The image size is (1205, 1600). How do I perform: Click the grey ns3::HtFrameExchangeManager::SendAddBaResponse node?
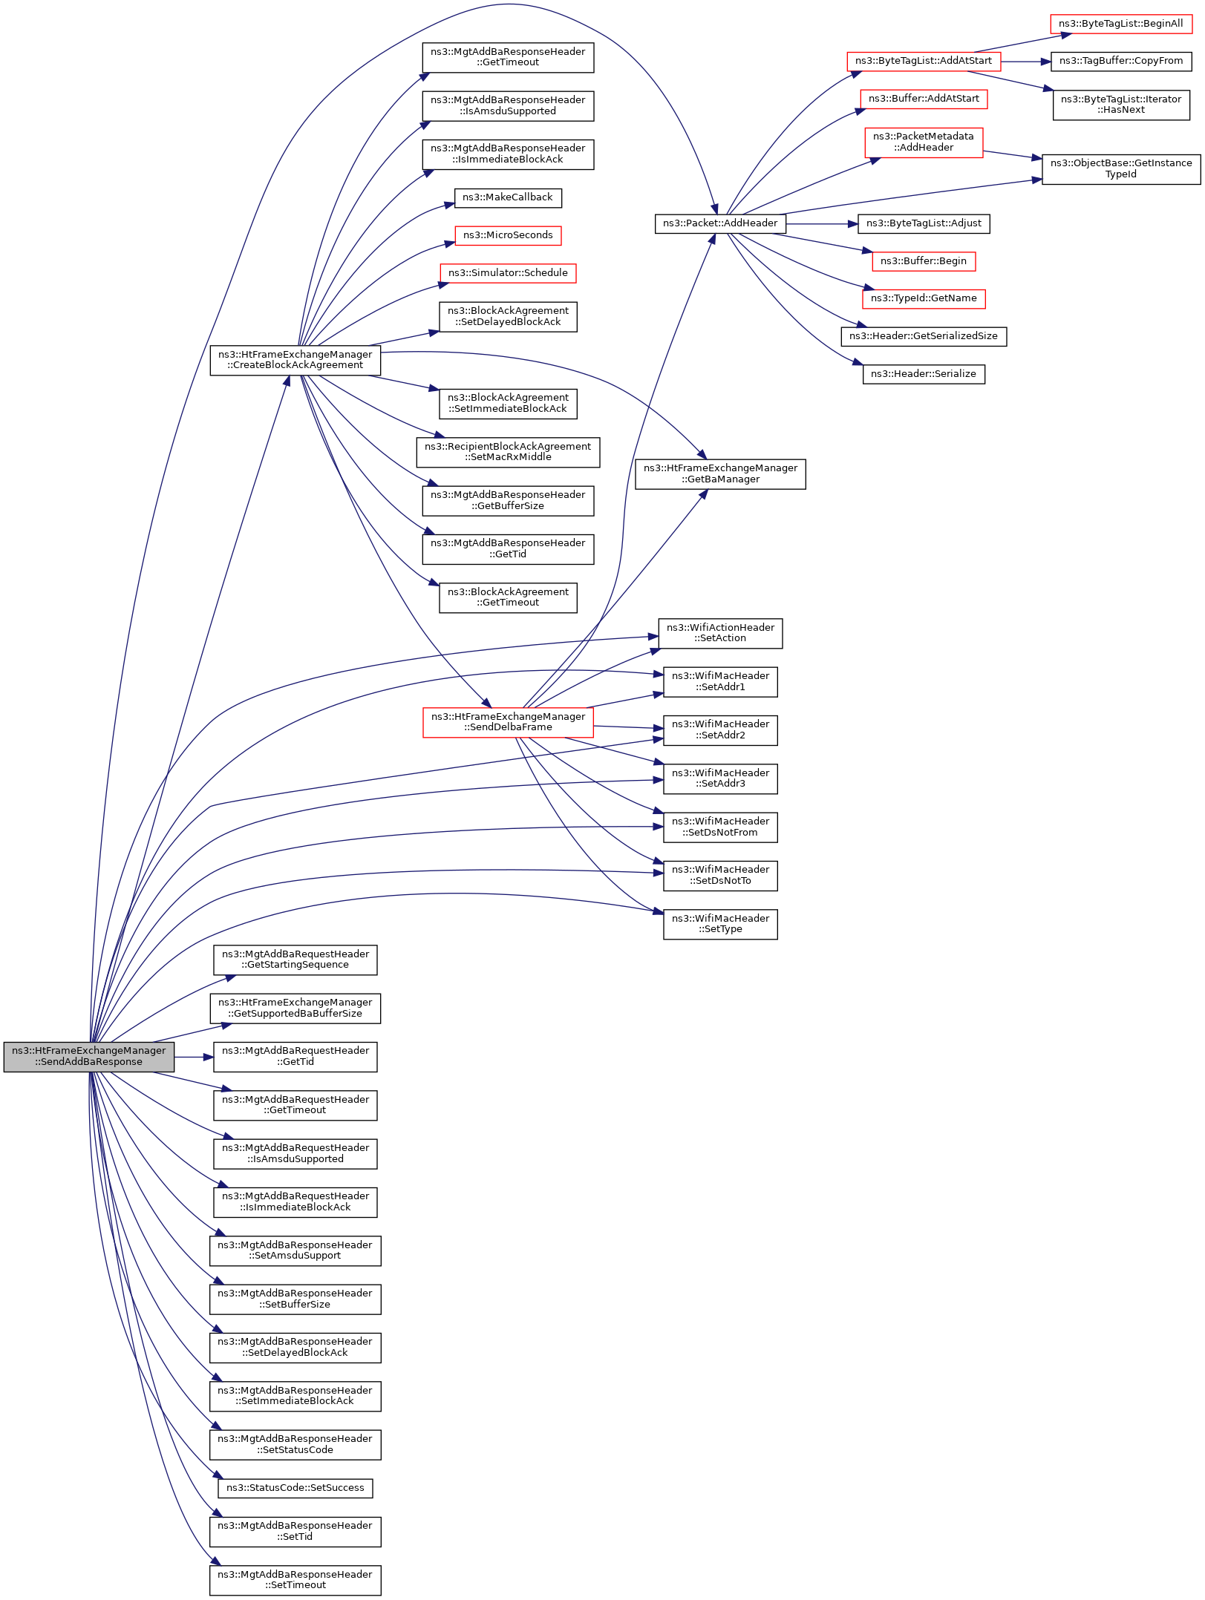[x=89, y=1056]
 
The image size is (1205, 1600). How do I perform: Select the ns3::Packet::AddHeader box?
[x=719, y=223]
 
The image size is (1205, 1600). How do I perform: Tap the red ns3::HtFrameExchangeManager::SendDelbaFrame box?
[x=508, y=722]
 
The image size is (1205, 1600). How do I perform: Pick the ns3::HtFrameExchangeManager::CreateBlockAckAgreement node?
[x=295, y=360]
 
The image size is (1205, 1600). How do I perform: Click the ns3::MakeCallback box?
[x=508, y=198]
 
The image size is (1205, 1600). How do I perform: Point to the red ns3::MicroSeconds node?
[x=508, y=235]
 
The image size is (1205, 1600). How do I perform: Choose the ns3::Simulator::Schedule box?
[x=508, y=273]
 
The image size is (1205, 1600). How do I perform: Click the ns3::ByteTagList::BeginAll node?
[x=1120, y=24]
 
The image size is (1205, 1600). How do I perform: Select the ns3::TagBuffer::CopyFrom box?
[x=1120, y=61]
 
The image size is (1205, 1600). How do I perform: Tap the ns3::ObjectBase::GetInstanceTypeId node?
[x=1120, y=169]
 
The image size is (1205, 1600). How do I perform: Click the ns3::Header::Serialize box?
[x=923, y=374]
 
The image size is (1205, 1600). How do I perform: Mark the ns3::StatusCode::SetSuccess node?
[x=295, y=1488]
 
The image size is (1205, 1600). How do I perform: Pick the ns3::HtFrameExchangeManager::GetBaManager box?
[x=719, y=474]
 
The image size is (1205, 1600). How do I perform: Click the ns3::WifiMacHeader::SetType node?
[x=719, y=924]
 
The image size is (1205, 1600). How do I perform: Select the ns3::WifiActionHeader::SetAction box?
[x=719, y=633]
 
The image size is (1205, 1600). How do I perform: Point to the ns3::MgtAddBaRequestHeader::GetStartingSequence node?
[x=295, y=960]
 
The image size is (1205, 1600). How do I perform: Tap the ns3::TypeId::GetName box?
[x=923, y=298]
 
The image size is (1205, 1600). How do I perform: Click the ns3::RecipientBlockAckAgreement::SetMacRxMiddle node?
[x=508, y=452]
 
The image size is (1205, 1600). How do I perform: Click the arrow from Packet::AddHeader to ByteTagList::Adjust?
[x=821, y=223]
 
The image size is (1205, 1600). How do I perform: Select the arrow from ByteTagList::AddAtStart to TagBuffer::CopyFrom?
[x=1025, y=62]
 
